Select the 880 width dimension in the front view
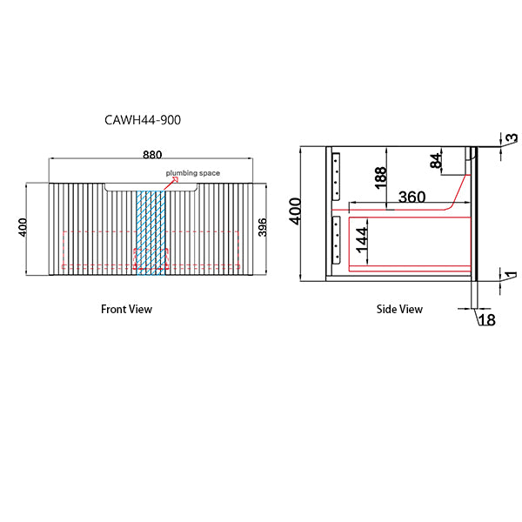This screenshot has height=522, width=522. [151, 155]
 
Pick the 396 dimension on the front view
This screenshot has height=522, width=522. [262, 229]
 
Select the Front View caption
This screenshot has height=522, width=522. [126, 309]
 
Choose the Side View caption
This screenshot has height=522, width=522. [399, 309]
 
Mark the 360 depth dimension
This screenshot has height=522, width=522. [412, 197]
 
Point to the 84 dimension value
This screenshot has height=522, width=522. [436, 160]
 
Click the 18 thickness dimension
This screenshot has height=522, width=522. [487, 320]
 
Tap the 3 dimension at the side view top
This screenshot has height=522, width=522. [512, 137]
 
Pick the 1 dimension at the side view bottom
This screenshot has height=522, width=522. [512, 276]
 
